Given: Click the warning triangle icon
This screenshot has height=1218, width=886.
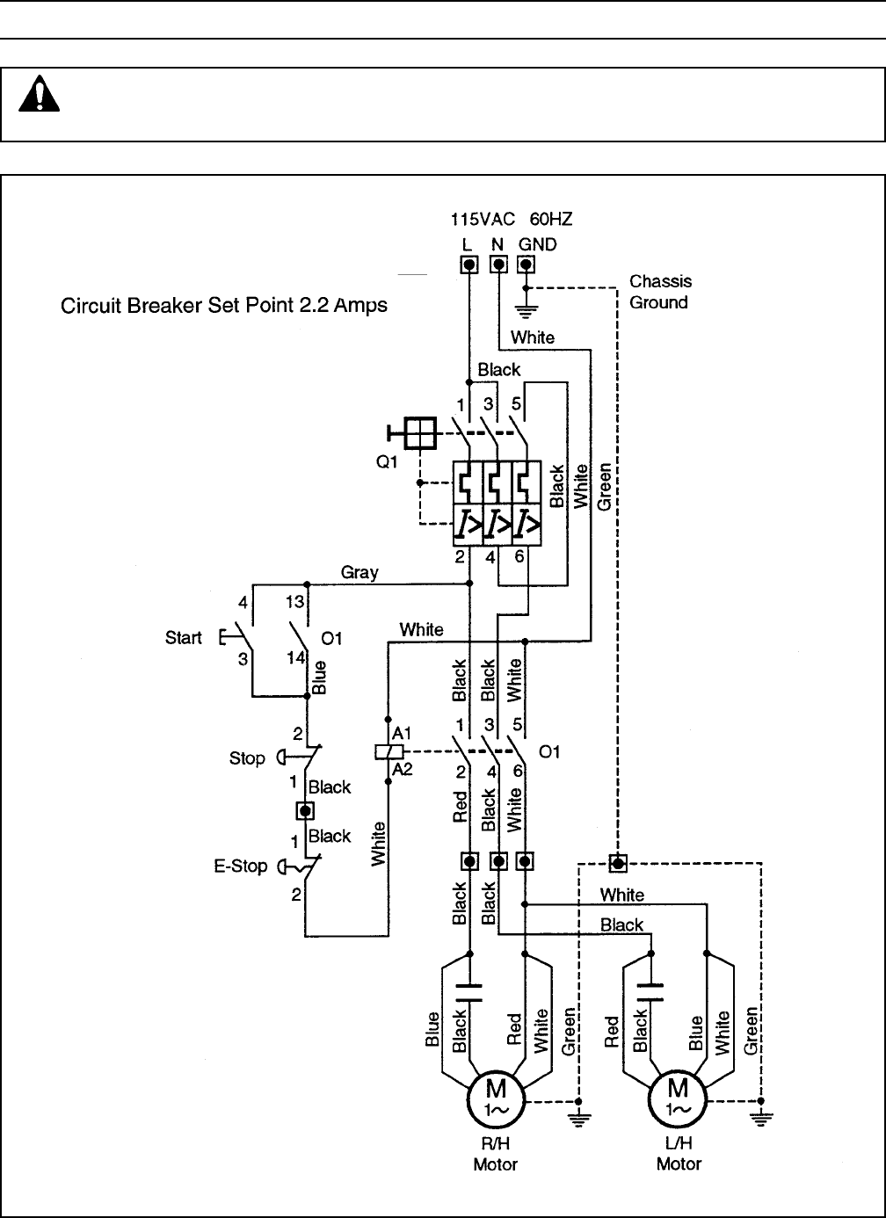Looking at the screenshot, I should coord(39,93).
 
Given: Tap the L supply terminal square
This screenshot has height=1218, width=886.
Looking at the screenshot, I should coord(469,265).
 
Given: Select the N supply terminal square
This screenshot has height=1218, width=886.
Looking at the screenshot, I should coord(497,265).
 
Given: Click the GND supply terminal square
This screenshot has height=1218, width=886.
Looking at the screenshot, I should coord(526,265).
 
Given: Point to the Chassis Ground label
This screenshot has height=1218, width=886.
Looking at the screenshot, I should coord(660,292).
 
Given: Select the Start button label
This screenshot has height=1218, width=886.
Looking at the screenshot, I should coord(184,638).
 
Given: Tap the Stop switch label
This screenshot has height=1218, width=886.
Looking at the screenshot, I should coord(247,758).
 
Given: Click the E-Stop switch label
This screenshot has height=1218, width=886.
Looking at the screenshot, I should coord(241,866).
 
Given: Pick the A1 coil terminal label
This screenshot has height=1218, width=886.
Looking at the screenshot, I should coord(403,733).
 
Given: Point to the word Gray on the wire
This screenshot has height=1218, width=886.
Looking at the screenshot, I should coord(359,573).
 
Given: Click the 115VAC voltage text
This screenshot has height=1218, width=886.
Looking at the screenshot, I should coord(483,219).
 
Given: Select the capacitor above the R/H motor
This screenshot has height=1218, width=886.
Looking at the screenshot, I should coord(470,993).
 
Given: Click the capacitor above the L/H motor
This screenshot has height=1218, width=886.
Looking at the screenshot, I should coord(651,993).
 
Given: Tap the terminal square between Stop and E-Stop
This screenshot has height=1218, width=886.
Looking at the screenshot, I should coord(306,810).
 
